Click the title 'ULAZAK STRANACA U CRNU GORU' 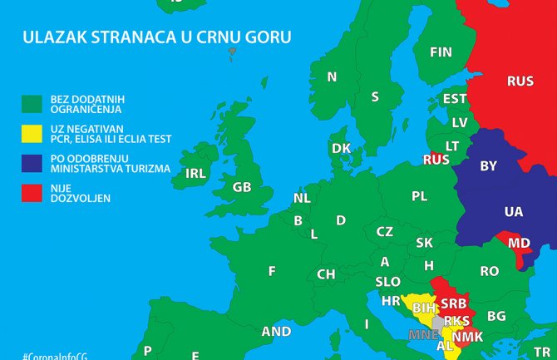[161, 37]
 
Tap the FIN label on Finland [441, 52]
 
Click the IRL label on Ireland [195, 174]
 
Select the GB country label [242, 187]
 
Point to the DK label [341, 148]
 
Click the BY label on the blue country [489, 166]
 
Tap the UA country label [513, 212]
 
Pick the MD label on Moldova [519, 244]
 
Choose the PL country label [419, 196]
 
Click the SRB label [452, 303]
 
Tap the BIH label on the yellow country [424, 308]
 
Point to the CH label [326, 274]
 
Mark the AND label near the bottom [276, 331]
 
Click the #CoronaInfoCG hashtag [56, 354]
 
